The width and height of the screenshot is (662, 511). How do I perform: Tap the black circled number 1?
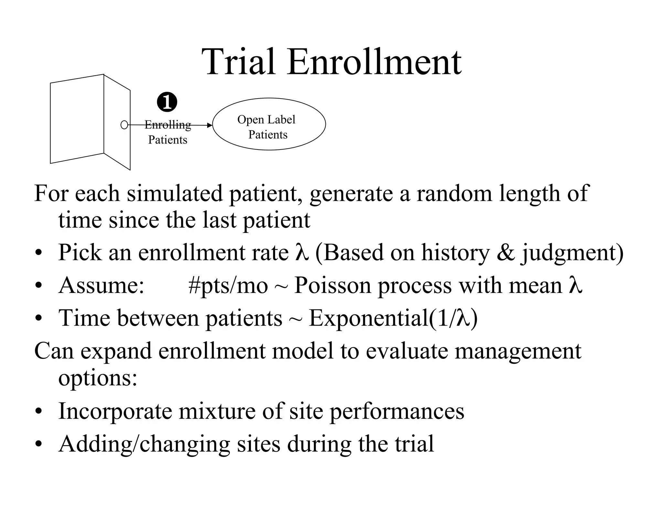167,102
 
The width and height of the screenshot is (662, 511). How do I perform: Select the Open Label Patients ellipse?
269,124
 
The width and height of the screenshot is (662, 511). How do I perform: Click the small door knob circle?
124,125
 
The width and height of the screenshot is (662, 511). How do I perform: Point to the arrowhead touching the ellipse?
210,125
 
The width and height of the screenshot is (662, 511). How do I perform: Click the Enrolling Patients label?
168,132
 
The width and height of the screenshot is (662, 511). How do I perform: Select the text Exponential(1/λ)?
393,318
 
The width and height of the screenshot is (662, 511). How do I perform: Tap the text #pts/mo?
228,286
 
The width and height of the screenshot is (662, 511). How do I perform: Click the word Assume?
101,286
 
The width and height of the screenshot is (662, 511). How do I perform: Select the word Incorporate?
115,412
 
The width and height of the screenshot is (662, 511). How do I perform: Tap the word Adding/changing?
144,444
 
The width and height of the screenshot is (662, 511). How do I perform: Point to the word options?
98,378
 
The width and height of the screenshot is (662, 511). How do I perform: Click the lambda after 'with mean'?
575,286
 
